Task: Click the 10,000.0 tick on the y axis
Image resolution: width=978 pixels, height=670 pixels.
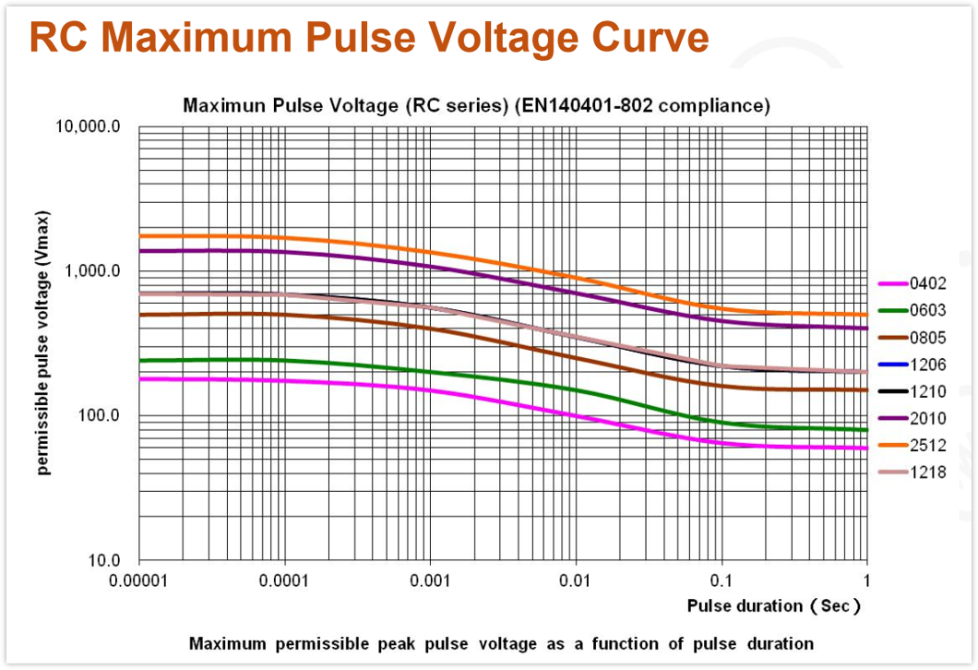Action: tap(88, 126)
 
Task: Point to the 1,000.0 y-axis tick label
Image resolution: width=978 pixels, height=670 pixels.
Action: tap(92, 270)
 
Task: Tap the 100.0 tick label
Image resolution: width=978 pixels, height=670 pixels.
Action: tap(99, 415)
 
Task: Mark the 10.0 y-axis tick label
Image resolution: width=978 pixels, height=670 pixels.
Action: tap(103, 560)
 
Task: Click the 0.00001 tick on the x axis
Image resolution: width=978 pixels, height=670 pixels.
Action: tap(138, 581)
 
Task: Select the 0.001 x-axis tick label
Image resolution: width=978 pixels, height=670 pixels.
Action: tap(430, 581)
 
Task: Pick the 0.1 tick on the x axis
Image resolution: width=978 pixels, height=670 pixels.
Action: tap(721, 581)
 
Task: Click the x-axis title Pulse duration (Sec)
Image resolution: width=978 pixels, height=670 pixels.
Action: tap(773, 605)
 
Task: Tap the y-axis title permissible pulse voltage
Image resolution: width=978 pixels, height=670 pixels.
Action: tap(42, 343)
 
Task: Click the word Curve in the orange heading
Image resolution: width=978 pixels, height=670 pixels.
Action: tap(650, 38)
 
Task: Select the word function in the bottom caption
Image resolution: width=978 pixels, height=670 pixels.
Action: tap(625, 644)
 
